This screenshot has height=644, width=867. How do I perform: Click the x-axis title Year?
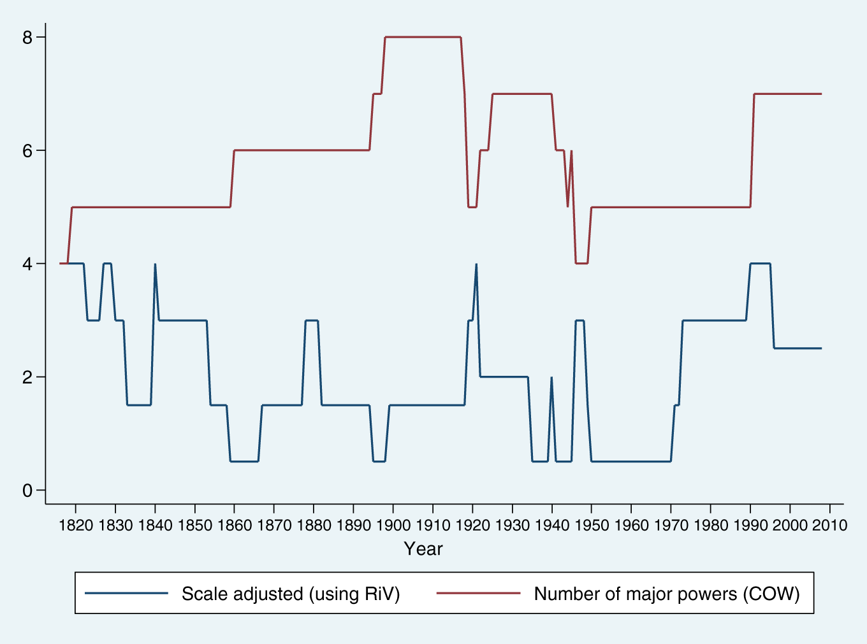coord(423,549)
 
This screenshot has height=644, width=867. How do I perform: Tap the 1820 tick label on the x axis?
coord(76,526)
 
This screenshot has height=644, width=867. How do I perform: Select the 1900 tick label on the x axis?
coord(393,526)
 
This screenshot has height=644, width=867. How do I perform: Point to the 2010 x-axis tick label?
coord(829,526)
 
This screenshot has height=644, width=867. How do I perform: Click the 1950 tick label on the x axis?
coord(592,526)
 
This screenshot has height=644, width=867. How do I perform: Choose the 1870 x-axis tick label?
coord(274,526)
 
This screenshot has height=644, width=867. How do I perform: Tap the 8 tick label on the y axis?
coord(27,38)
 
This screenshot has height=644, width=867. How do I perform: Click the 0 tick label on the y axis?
coord(27,490)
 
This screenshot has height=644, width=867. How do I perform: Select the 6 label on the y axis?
coord(27,151)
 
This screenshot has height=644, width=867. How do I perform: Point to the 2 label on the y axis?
coord(27,377)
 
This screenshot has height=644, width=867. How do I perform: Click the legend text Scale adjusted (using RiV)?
coord(291,594)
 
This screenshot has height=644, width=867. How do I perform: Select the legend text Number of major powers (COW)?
coord(667,594)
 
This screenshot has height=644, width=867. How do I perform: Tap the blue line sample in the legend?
coord(126,594)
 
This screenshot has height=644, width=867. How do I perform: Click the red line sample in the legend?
coord(478,594)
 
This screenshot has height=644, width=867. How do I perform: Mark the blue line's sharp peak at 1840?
coord(155,264)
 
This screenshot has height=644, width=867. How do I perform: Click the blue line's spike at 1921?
coord(476,264)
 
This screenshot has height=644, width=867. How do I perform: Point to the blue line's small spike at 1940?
coord(551,378)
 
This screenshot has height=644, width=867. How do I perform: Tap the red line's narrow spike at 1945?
coord(571,152)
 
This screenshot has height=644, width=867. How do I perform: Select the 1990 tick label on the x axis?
coord(750,526)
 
